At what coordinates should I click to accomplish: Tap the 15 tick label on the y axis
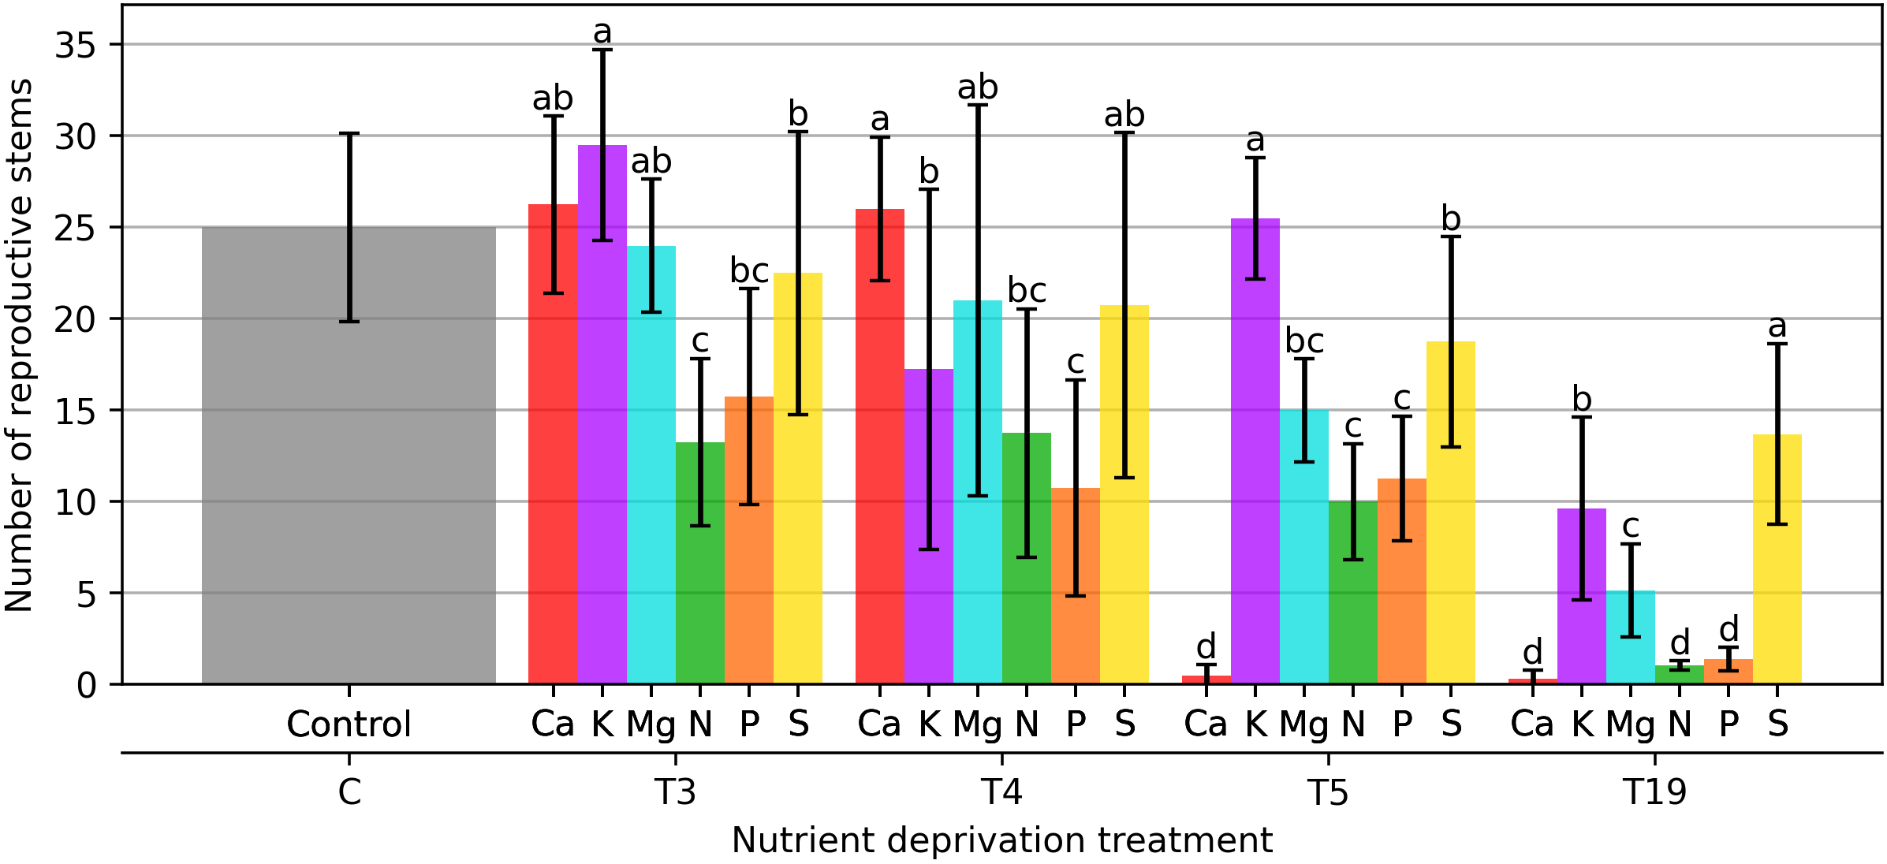[x=75, y=411]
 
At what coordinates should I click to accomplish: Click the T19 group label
[x=1654, y=791]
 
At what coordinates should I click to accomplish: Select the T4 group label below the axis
[x=1001, y=791]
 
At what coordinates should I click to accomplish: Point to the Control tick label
[x=349, y=724]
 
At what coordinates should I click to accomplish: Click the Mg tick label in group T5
[x=1304, y=724]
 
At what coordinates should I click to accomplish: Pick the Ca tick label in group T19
[x=1531, y=724]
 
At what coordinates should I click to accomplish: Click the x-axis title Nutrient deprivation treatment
[x=1001, y=840]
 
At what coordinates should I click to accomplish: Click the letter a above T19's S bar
[x=1777, y=326]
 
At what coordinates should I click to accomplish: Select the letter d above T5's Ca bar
[x=1206, y=646]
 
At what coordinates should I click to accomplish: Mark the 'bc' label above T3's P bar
[x=749, y=270]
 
